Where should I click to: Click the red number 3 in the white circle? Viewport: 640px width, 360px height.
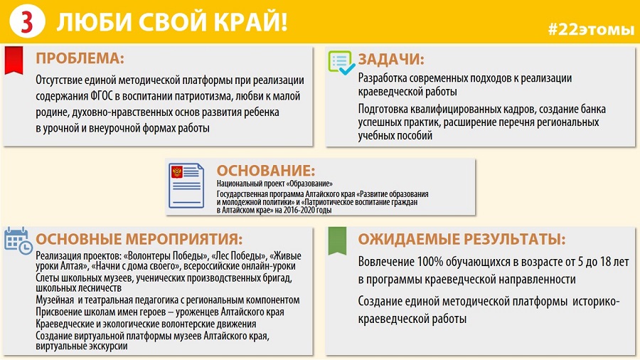point(26,21)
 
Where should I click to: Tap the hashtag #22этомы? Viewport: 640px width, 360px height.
point(591,29)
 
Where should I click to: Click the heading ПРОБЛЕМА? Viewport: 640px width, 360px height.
point(80,58)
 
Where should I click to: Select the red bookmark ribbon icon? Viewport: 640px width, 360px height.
point(14,60)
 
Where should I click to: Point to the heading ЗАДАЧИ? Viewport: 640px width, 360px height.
point(391,60)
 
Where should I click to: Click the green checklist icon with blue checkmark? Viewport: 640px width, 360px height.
point(341,63)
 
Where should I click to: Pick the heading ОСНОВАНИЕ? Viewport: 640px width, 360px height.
point(266,170)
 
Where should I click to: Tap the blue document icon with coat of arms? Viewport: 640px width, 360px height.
point(186,186)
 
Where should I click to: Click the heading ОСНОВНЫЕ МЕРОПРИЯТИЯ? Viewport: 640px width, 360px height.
point(139,239)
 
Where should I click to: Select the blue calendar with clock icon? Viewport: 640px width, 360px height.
point(18,240)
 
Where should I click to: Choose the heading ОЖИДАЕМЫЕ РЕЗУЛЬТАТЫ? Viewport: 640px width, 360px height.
point(462,239)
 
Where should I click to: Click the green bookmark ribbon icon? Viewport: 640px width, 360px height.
point(338,240)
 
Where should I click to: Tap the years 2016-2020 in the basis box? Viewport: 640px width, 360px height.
point(303,210)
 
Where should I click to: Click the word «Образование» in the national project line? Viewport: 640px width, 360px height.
point(311,184)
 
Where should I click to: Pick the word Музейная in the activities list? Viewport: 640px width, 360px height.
point(55,300)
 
